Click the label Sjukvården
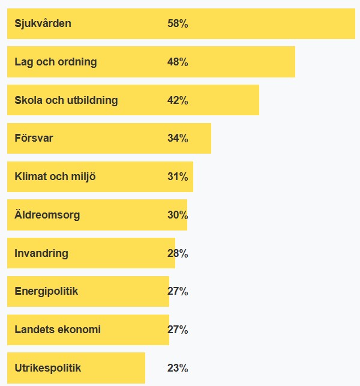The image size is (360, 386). [x=43, y=23]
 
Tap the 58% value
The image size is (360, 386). [x=178, y=23]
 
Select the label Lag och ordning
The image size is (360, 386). [x=55, y=62]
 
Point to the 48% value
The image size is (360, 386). [x=178, y=62]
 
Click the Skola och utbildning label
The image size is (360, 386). [x=66, y=100]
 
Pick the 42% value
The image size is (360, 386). [x=178, y=100]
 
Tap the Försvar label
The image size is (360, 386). [x=34, y=138]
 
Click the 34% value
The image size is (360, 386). [x=178, y=138]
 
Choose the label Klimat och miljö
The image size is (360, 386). [x=55, y=176]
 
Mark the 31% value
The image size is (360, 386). [x=178, y=176]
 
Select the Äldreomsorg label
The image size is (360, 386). [x=47, y=215]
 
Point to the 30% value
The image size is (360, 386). [x=178, y=215]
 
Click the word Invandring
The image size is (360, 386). [x=41, y=253]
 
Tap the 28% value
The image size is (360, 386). [x=178, y=253]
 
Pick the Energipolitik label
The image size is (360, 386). [x=46, y=291]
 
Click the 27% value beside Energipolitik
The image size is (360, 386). [x=178, y=291]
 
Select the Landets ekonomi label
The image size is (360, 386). [x=58, y=330]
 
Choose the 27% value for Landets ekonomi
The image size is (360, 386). [x=178, y=330]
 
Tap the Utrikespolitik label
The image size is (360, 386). [x=47, y=368]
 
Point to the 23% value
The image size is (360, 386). [x=178, y=368]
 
